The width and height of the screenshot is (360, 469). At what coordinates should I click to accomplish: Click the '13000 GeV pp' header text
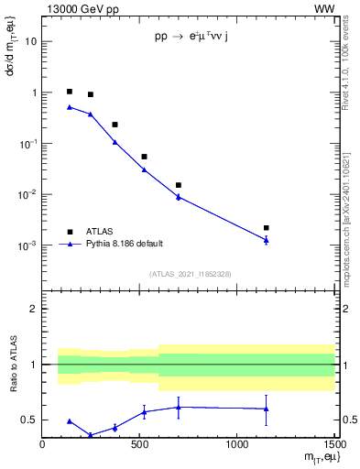(77, 8)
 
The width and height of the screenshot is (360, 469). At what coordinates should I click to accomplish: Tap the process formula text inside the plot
(199, 39)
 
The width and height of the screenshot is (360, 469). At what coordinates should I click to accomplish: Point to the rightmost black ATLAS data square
(266, 227)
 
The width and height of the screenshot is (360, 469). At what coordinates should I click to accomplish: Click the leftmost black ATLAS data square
(70, 92)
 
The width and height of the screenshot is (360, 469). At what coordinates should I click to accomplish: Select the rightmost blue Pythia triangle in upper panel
(266, 240)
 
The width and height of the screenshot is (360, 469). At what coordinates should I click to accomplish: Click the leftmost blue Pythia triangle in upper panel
(70, 107)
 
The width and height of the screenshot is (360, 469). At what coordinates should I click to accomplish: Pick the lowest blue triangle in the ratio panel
(90, 435)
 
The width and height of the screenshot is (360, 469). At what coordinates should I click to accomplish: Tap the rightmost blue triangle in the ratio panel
(266, 409)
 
